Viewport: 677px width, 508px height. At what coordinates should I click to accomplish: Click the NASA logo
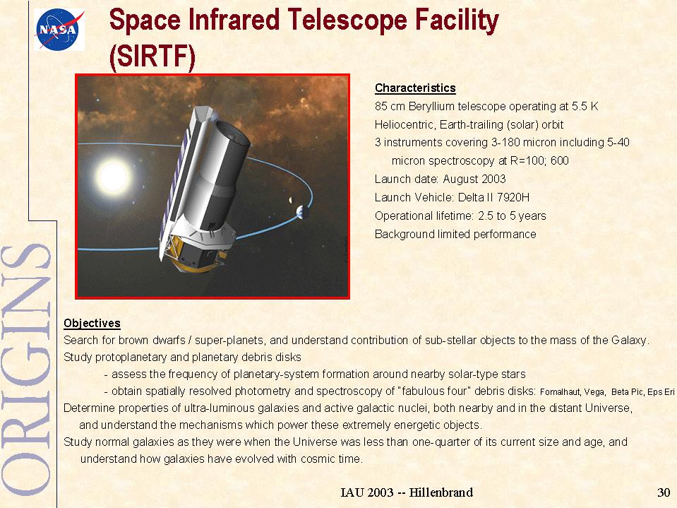[x=59, y=30]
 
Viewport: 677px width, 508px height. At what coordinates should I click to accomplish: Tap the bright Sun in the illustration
[x=113, y=176]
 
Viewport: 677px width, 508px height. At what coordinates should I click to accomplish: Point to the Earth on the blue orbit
[x=302, y=212]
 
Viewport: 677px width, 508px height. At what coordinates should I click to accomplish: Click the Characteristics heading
[x=415, y=88]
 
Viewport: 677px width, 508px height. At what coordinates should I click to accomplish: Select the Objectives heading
[x=92, y=323]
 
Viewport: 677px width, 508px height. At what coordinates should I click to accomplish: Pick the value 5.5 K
[x=585, y=106]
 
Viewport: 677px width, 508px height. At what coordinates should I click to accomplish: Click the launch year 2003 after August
[x=493, y=179]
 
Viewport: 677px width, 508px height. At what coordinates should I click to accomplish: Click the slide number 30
[x=664, y=492]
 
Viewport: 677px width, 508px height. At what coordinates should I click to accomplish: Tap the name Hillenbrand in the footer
[x=441, y=492]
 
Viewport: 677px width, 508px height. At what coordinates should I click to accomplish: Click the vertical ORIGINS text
[x=27, y=370]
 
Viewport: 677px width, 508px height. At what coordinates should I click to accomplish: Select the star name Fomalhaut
[x=561, y=392]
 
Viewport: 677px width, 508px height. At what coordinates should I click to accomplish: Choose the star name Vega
[x=594, y=392]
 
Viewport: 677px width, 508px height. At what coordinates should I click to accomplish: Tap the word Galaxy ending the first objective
[x=630, y=341]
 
